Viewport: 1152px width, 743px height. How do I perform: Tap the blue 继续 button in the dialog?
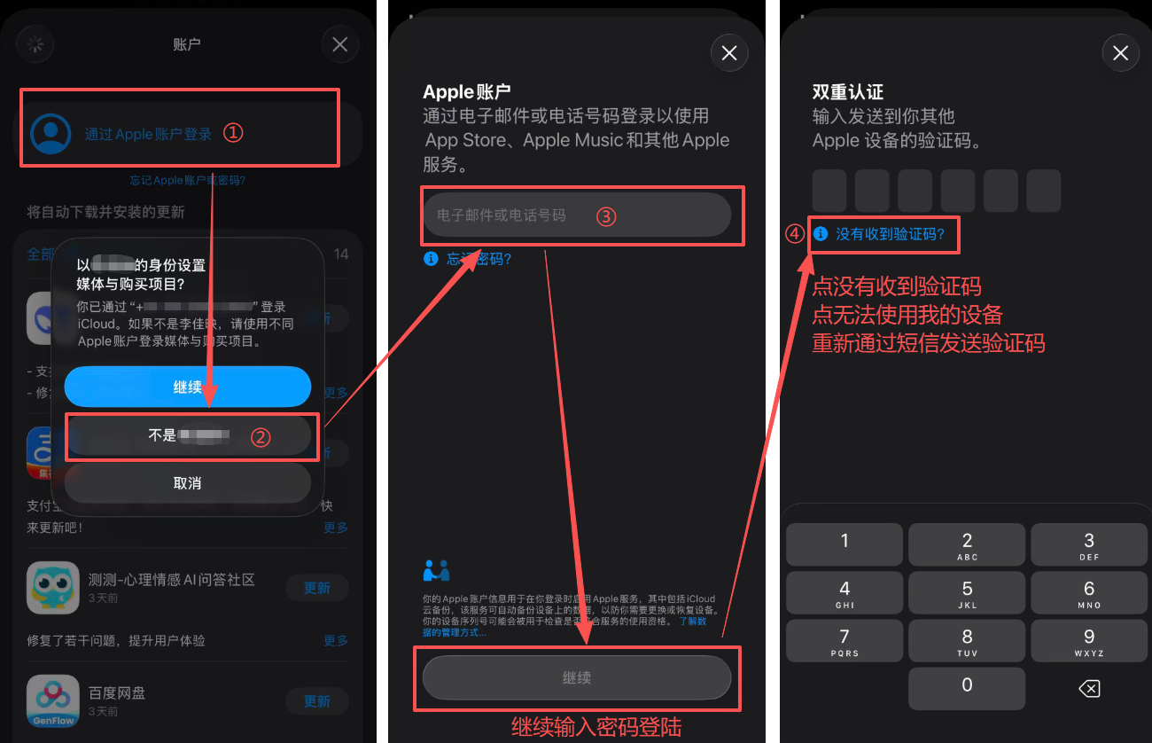pyautogui.click(x=187, y=387)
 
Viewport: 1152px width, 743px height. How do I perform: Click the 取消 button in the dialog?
pyautogui.click(x=187, y=483)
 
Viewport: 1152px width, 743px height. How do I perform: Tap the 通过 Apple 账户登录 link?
pyautogui.click(x=148, y=134)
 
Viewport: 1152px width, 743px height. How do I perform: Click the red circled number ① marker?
pyautogui.click(x=232, y=133)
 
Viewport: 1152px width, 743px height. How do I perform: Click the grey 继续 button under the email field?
pyautogui.click(x=576, y=678)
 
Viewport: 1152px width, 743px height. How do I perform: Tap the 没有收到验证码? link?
pyautogui.click(x=890, y=234)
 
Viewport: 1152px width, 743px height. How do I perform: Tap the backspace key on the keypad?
pyautogui.click(x=1089, y=688)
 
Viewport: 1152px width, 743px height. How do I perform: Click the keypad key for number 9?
pyautogui.click(x=1089, y=641)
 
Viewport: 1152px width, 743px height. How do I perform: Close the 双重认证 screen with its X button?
pyautogui.click(x=1120, y=54)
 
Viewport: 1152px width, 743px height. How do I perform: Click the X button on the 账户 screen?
pyautogui.click(x=340, y=44)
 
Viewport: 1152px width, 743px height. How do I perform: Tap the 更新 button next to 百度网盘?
pyautogui.click(x=316, y=701)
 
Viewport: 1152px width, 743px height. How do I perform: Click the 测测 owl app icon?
pyautogui.click(x=53, y=587)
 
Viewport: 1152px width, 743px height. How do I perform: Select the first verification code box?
pyautogui.click(x=829, y=191)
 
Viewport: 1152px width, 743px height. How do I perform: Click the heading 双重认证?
pyautogui.click(x=848, y=92)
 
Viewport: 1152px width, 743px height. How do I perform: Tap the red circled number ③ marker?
pyautogui.click(x=605, y=216)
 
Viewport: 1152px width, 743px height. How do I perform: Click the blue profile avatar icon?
pyautogui.click(x=51, y=133)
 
